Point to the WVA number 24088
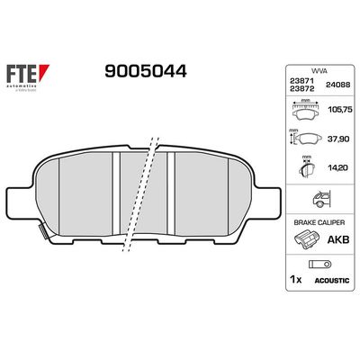337,84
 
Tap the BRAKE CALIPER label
319,220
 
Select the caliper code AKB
338,241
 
